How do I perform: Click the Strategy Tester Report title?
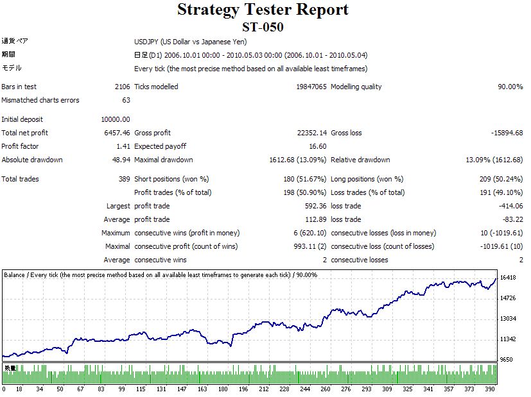pos(263,10)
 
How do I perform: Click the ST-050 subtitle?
pos(263,27)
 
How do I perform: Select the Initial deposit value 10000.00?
pos(116,119)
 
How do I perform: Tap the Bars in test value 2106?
pos(121,87)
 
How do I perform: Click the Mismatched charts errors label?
pos(40,100)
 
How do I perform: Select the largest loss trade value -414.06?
pos(509,206)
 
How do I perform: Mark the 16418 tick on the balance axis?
pos(509,278)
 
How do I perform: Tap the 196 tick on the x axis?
pos(243,389)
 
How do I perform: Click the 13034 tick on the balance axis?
pos(509,319)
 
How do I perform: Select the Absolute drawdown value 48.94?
pos(121,160)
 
